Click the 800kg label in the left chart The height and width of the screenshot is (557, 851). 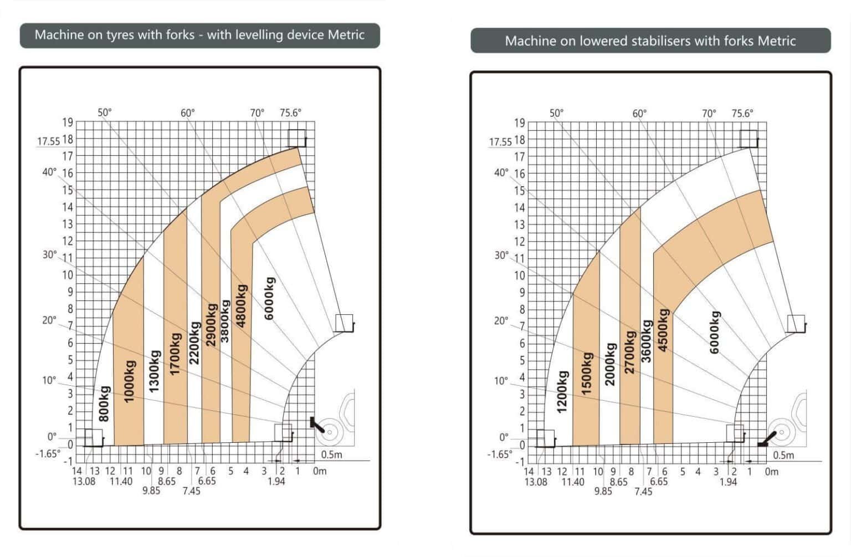point(104,403)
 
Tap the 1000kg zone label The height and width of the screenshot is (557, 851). point(129,381)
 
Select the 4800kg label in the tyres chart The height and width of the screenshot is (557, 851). point(241,306)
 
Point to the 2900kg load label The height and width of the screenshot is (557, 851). point(211,325)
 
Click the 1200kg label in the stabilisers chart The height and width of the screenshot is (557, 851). point(562,392)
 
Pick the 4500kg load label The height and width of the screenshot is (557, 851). point(663,330)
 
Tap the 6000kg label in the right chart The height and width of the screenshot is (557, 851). point(715,332)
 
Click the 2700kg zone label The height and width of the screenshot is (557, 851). point(629,352)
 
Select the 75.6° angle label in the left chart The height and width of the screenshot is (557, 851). point(290,113)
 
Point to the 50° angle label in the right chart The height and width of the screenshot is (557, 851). point(556,113)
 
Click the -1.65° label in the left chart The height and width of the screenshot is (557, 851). point(48,453)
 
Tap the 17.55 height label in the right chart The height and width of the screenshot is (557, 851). point(500,142)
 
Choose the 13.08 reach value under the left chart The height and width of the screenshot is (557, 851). point(84,481)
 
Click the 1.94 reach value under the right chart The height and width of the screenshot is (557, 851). point(728,482)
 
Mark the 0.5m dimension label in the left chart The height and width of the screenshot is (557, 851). point(331,454)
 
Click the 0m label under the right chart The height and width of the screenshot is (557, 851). point(771,472)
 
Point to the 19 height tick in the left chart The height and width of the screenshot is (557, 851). point(68,122)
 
